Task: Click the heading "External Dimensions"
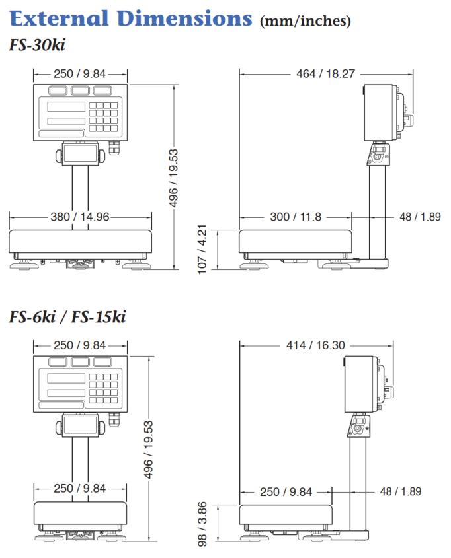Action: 131,18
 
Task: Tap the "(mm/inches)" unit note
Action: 306,20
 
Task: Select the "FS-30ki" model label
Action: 37,45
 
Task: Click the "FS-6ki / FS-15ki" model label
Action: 67,317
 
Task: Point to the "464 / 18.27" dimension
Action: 325,74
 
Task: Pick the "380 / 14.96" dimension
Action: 80,217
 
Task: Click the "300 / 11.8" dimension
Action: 296,217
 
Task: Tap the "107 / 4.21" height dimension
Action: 202,249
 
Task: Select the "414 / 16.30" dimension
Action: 315,345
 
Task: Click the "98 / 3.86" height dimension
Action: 202,524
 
